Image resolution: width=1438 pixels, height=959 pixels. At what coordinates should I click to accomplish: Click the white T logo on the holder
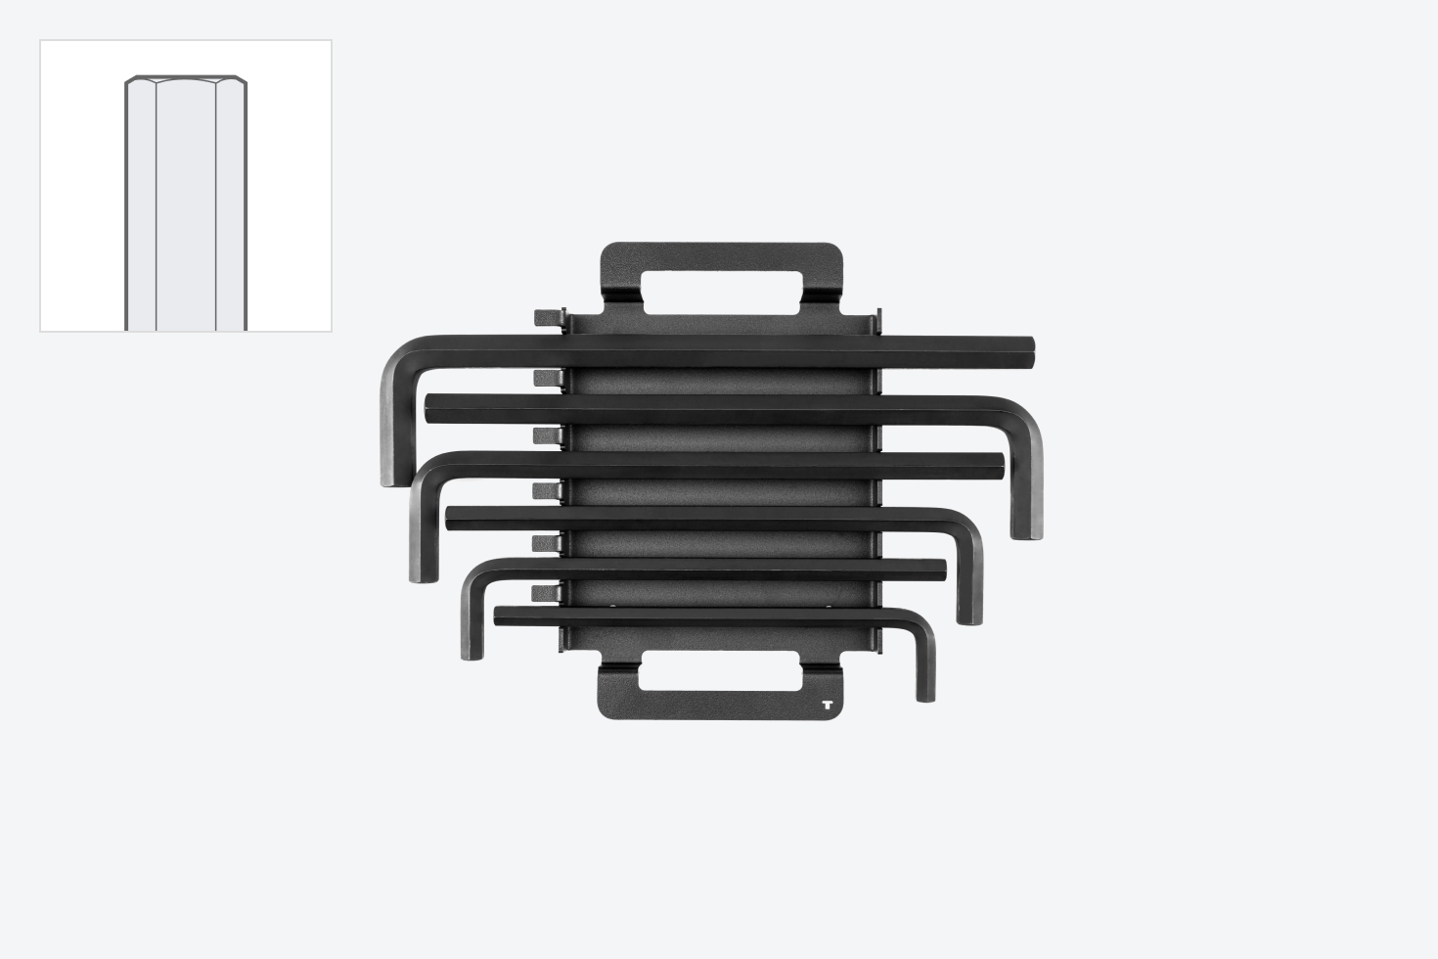(x=828, y=705)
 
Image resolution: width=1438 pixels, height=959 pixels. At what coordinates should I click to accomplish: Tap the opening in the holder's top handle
(x=721, y=291)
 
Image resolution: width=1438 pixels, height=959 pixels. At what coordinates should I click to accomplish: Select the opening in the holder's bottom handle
(x=719, y=676)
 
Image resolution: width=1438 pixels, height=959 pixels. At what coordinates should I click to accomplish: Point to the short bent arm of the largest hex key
(x=388, y=431)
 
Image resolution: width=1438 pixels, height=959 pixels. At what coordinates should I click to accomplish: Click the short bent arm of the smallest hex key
(x=925, y=665)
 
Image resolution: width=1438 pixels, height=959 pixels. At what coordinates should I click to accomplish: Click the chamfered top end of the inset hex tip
(x=186, y=80)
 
